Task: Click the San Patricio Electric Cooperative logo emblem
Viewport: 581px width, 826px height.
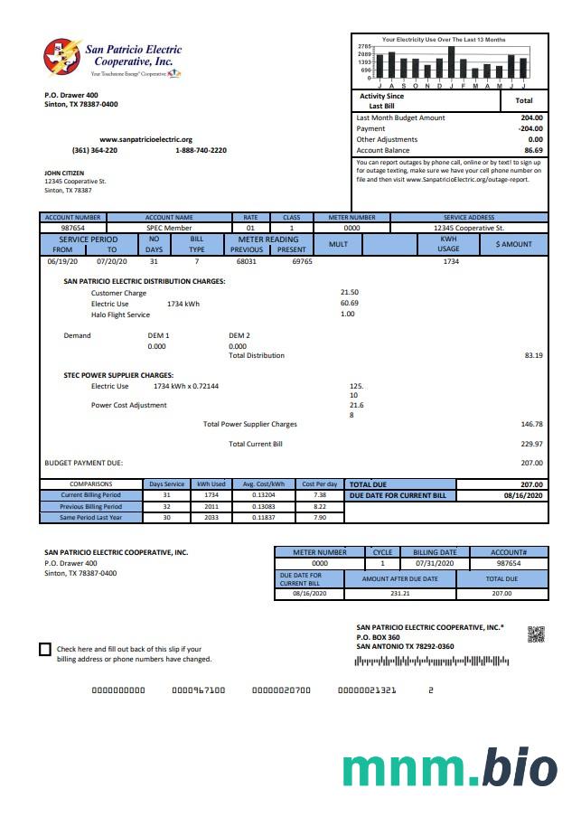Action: [x=62, y=57]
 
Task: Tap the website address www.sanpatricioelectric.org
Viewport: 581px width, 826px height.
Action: [x=145, y=139]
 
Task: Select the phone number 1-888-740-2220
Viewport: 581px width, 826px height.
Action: [x=201, y=150]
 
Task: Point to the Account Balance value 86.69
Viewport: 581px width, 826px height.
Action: [x=533, y=150]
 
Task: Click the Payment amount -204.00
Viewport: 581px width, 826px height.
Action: [x=530, y=128]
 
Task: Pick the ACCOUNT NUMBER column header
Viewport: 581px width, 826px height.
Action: [x=74, y=217]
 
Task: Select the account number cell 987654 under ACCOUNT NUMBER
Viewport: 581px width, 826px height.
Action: [x=73, y=228]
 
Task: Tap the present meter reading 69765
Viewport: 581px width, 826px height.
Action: [x=302, y=261]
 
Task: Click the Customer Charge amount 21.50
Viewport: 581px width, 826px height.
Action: [x=349, y=292]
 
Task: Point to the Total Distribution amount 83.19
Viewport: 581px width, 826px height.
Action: [x=533, y=355]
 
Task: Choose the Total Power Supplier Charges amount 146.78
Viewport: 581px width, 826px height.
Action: [x=532, y=424]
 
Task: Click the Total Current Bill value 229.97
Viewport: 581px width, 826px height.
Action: [x=532, y=444]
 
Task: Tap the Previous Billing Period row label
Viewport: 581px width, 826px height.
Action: [x=90, y=507]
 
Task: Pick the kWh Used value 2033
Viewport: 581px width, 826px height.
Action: [x=211, y=517]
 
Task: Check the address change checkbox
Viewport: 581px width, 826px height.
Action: [x=45, y=649]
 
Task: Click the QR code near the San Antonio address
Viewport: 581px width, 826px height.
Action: [x=536, y=634]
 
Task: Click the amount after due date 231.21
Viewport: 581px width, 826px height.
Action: [x=399, y=593]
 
